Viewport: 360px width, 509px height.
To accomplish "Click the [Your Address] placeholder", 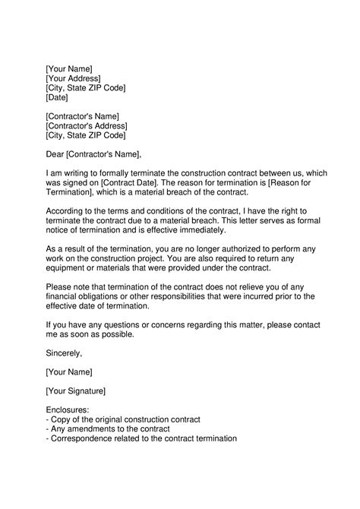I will (73, 78).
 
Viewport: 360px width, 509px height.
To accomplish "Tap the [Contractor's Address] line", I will (86, 126).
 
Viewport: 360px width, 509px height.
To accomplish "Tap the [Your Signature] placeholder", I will (75, 390).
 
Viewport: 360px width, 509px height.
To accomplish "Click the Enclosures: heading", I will (68, 410).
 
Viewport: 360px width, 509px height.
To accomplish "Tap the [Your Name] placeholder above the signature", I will (68, 371).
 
